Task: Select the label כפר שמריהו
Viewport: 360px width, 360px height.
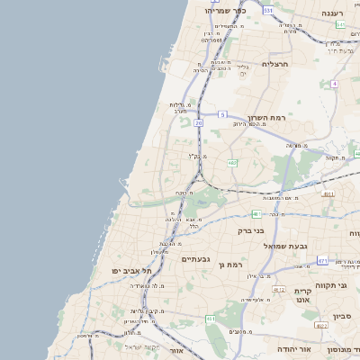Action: click(226, 11)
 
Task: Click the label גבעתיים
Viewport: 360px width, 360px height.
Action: click(195, 259)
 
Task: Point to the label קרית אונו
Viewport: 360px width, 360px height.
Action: click(302, 296)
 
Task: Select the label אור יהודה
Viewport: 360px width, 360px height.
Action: click(292, 349)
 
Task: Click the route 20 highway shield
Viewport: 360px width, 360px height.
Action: click(198, 122)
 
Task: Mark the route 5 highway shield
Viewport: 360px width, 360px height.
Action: click(222, 115)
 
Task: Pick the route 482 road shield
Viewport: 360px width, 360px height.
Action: click(232, 163)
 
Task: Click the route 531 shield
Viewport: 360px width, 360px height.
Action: click(268, 10)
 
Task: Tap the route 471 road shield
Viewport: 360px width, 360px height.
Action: click(322, 261)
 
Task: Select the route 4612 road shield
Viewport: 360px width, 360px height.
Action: click(278, 290)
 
